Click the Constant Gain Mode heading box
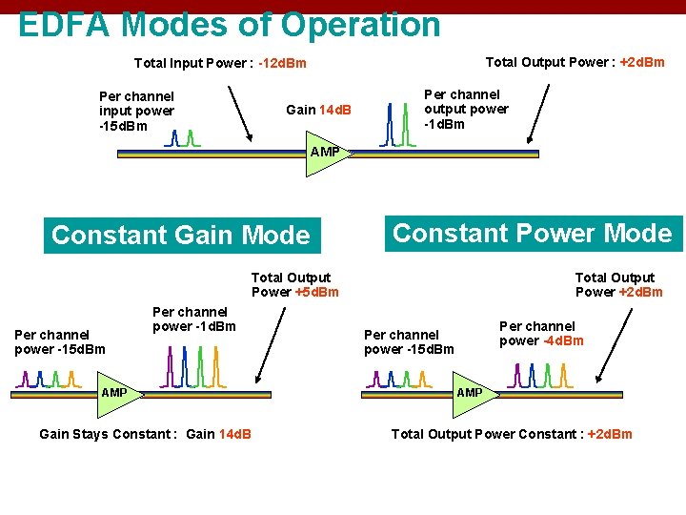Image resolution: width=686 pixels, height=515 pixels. pos(180,235)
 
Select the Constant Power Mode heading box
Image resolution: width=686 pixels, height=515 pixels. pos(532,233)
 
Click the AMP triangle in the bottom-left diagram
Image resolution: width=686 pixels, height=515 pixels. pos(116,394)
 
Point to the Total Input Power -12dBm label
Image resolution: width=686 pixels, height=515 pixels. pos(220,64)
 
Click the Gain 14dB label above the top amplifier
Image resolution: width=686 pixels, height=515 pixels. pos(318,110)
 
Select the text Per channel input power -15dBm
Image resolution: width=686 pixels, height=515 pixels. pos(136,111)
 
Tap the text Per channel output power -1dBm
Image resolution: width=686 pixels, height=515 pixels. pos(465,109)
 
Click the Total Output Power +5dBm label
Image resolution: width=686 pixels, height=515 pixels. pos(294,284)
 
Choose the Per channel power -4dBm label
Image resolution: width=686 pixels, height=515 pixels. pos(540,333)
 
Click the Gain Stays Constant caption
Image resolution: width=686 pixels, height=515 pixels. pos(145,434)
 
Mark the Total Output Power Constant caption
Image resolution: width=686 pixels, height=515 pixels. pos(512,434)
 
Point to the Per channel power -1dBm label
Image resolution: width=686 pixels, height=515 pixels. pos(193,319)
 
